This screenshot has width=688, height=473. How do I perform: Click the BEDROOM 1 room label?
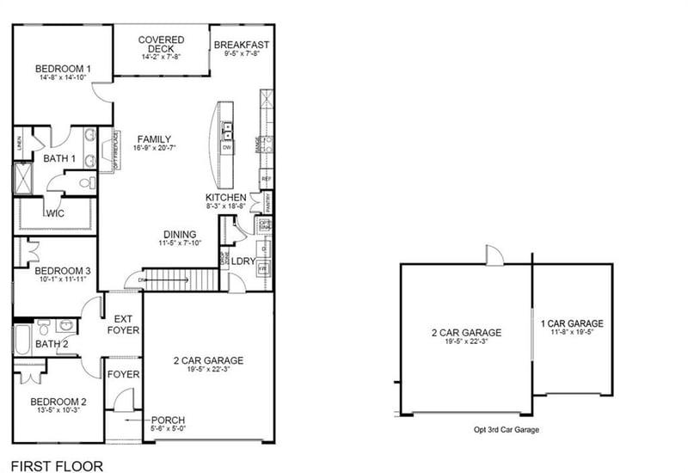point(63,69)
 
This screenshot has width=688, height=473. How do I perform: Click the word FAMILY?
point(153,139)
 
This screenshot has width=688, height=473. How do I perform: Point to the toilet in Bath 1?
point(86,182)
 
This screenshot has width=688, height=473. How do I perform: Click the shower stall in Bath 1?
point(21,179)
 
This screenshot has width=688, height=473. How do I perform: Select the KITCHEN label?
point(225,198)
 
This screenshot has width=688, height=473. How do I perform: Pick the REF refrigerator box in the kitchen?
point(266,179)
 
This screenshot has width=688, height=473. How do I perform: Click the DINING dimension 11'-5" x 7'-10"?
point(181,243)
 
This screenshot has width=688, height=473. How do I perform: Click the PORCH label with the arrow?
point(169,420)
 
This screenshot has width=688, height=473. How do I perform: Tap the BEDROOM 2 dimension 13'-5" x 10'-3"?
point(58,411)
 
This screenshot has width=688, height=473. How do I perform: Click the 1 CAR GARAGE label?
point(572,324)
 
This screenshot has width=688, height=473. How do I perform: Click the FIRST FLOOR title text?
point(58,466)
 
